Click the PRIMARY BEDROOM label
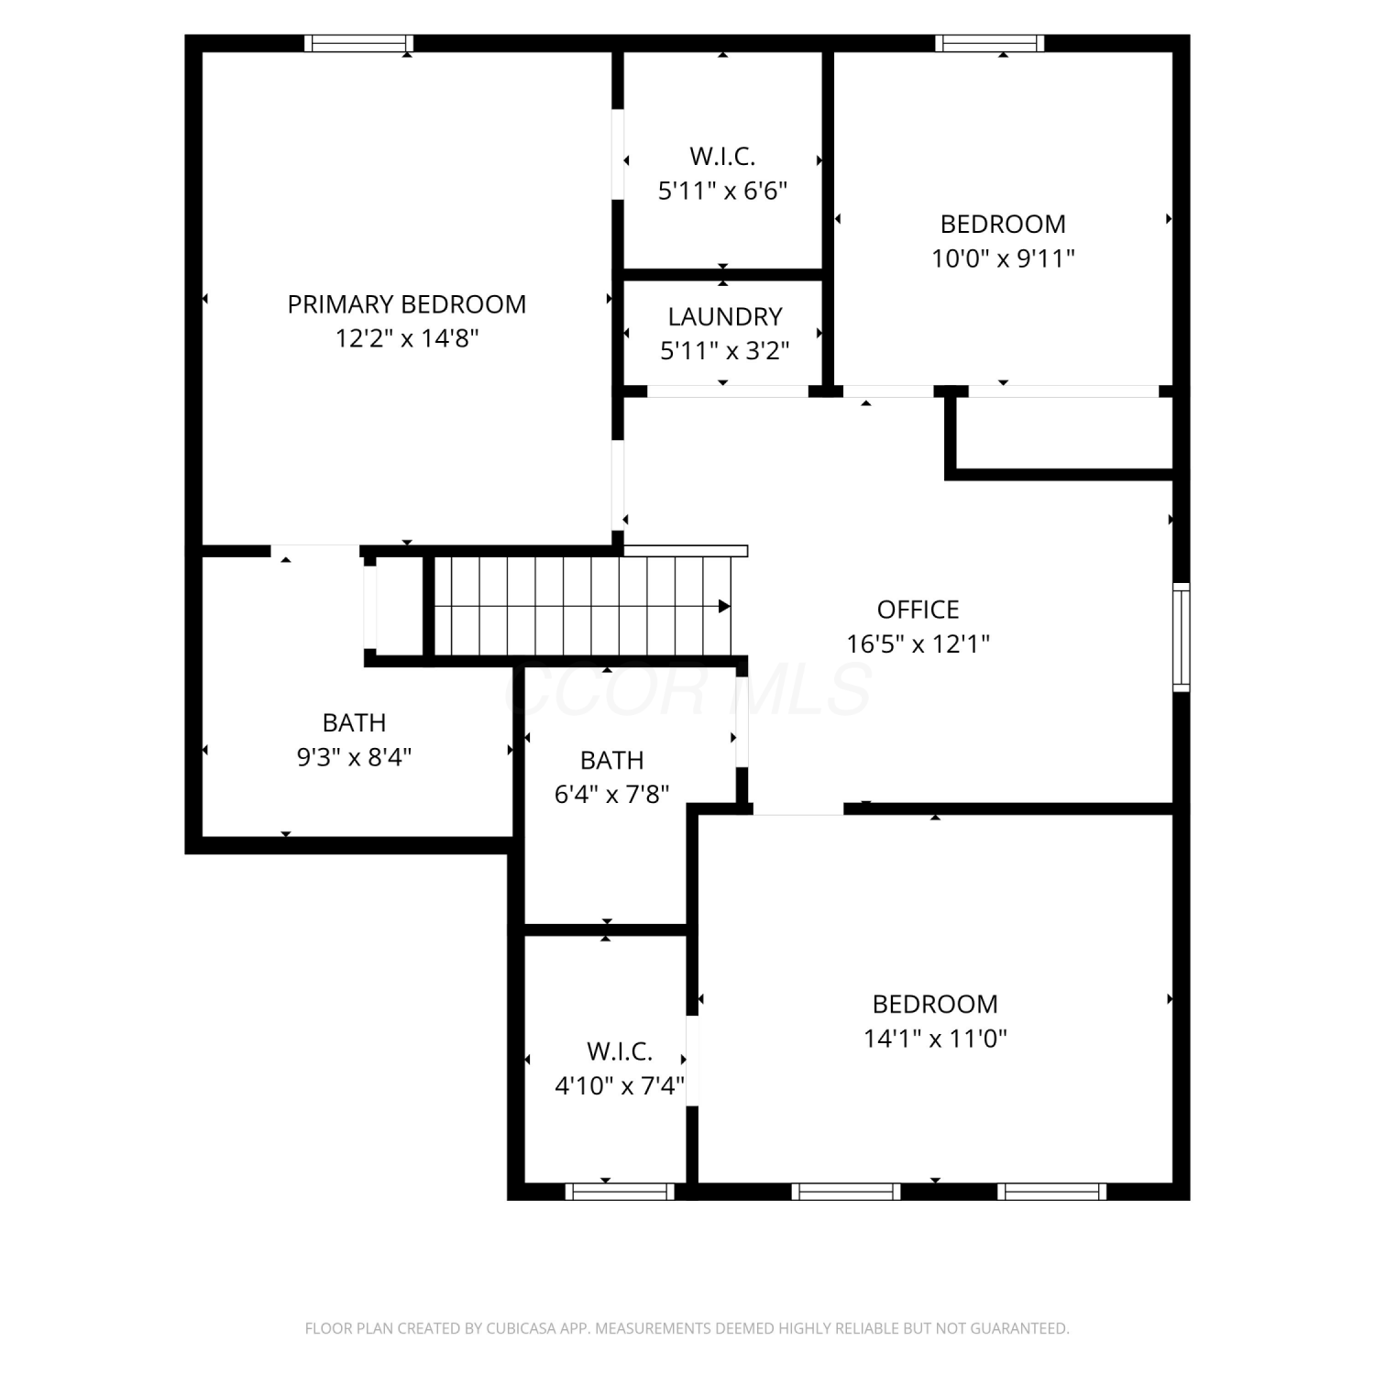tap(407, 304)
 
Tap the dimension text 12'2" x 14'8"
tap(407, 338)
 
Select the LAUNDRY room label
tap(725, 317)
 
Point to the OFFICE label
tap(918, 610)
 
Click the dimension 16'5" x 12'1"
tap(918, 643)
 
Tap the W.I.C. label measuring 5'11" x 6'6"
tap(723, 157)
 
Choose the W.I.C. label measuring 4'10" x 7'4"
tap(620, 1051)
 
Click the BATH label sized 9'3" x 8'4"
tap(355, 723)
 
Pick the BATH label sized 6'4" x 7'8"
tap(612, 761)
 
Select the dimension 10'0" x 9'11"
tap(1004, 258)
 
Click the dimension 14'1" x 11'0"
tap(936, 1039)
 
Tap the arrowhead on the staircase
tap(724, 606)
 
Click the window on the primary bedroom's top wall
tap(359, 43)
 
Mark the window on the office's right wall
tap(1182, 637)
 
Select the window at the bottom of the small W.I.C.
tap(620, 1192)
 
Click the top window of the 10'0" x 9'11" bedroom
tap(990, 43)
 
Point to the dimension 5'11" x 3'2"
tap(725, 351)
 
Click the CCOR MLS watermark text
tap(687, 689)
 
